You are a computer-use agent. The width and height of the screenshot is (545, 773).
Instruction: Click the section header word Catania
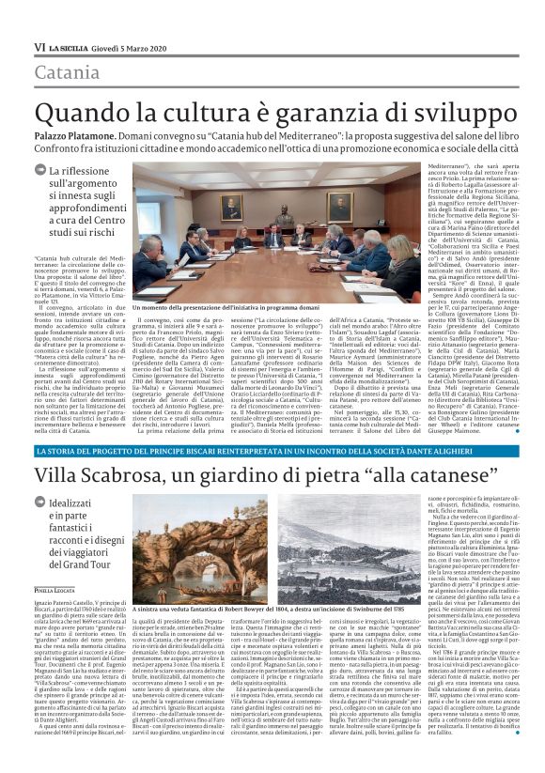[x=65, y=72]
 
